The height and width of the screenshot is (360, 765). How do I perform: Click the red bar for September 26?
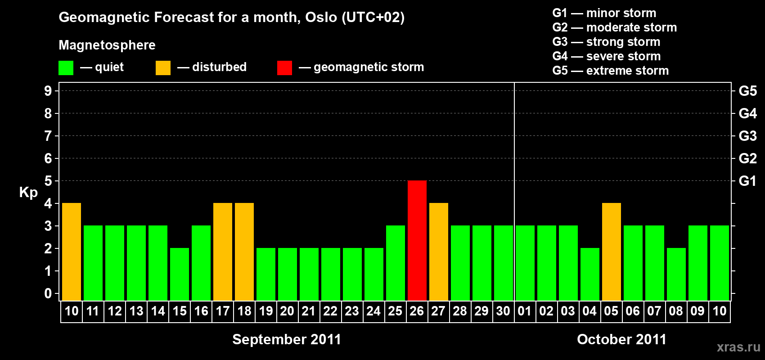tap(417, 240)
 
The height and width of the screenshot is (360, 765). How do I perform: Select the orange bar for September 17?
tap(223, 252)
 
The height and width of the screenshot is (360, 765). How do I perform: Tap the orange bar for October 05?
tap(611, 252)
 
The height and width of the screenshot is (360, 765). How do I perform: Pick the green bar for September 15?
tap(180, 274)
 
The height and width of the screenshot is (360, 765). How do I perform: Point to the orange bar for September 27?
tap(438, 252)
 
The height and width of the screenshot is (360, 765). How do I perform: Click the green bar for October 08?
tap(676, 274)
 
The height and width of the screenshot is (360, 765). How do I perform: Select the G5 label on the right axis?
tap(747, 91)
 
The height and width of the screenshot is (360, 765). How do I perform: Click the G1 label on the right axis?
tap(747, 181)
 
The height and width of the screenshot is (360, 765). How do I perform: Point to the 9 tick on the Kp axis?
tap(48, 91)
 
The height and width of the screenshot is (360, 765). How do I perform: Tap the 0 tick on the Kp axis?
tap(48, 293)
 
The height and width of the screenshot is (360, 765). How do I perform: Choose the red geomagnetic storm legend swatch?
tap(284, 67)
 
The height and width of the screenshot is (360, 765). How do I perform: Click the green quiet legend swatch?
tap(66, 67)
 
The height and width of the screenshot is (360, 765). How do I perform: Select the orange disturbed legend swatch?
tap(163, 67)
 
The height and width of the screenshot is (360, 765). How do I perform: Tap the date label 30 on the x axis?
tap(503, 311)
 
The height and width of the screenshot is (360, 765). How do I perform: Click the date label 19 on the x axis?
tap(265, 311)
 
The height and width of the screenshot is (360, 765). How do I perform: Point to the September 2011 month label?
tap(287, 339)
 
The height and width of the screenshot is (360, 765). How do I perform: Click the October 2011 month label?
tap(621, 339)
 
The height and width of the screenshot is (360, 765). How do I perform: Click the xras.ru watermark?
tap(738, 347)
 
